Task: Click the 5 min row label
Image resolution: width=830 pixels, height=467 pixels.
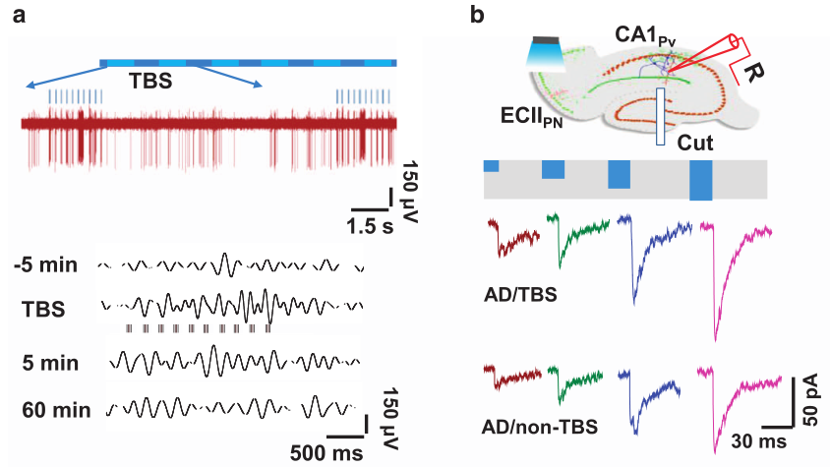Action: coord(50,363)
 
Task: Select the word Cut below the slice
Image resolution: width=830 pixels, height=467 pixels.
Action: coord(695,144)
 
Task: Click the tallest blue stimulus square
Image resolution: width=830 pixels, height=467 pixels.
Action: coord(700,179)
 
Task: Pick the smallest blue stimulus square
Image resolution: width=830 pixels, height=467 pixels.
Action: coord(491,164)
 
